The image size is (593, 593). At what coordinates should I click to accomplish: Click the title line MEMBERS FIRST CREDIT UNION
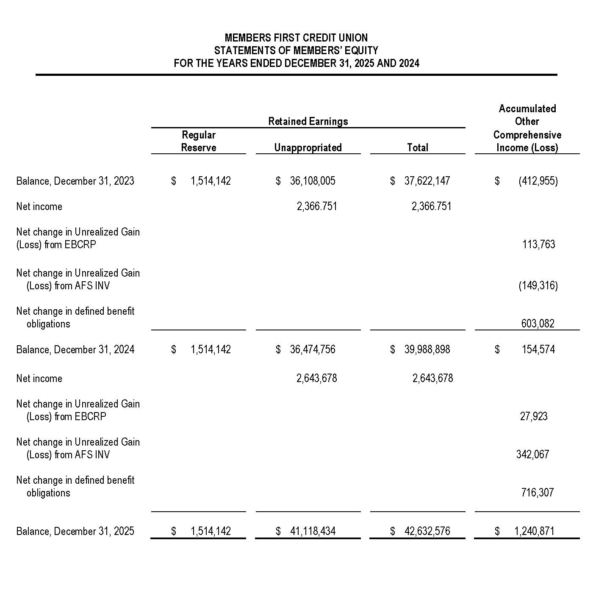(296, 38)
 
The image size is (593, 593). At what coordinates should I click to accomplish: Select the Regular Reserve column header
(199, 141)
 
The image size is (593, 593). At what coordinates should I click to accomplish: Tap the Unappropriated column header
(308, 147)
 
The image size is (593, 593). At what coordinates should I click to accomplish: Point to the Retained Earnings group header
(308, 122)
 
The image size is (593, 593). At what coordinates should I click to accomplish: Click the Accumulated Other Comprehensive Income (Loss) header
(527, 128)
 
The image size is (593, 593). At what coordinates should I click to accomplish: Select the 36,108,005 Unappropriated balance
(313, 181)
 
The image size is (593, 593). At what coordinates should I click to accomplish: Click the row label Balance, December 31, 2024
(75, 349)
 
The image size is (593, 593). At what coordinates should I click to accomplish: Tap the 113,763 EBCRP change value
(538, 244)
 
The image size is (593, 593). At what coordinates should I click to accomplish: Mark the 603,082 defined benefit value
(538, 324)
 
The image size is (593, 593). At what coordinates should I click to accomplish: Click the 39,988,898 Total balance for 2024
(427, 349)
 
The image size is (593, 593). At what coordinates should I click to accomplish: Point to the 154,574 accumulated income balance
(538, 349)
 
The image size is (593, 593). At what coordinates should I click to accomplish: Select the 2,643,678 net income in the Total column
(432, 378)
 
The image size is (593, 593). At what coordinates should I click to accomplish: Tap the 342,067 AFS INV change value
(532, 454)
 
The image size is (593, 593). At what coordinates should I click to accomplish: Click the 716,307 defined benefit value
(537, 493)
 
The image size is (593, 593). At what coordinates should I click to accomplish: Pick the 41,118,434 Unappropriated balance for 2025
(313, 531)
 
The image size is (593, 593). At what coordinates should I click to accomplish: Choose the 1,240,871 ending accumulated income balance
(534, 531)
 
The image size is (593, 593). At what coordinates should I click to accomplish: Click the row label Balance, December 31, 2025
(75, 531)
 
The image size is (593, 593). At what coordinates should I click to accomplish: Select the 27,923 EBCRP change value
(534, 416)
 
